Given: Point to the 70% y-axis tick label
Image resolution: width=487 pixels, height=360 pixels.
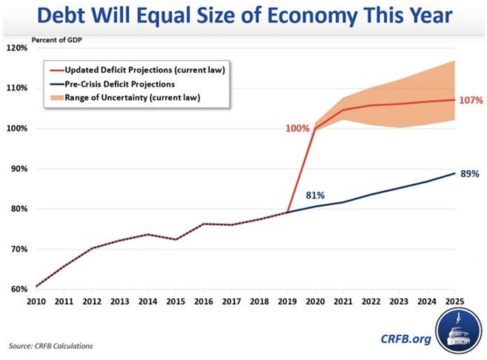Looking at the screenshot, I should [19, 250].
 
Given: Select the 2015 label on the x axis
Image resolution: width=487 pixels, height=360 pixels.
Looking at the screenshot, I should [175, 301].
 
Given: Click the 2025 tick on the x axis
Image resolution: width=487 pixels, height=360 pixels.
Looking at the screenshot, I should [455, 301].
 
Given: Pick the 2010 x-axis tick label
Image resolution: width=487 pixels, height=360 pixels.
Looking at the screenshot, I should [36, 301].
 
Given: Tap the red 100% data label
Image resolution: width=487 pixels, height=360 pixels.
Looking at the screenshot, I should [297, 129].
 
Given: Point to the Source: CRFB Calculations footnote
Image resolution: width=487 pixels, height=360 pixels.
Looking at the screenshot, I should [50, 346].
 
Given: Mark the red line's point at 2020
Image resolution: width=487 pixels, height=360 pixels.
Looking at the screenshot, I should [315, 129].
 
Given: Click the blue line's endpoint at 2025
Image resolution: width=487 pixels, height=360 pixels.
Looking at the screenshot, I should [455, 173].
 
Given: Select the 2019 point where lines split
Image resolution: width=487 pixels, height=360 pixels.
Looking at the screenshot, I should [287, 213].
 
